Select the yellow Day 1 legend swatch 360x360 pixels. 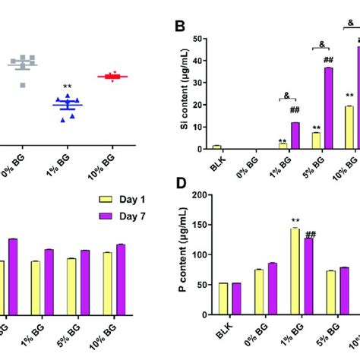pyautogui.click(x=108, y=199)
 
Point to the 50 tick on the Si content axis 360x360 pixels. pyautogui.click(x=200, y=39)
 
